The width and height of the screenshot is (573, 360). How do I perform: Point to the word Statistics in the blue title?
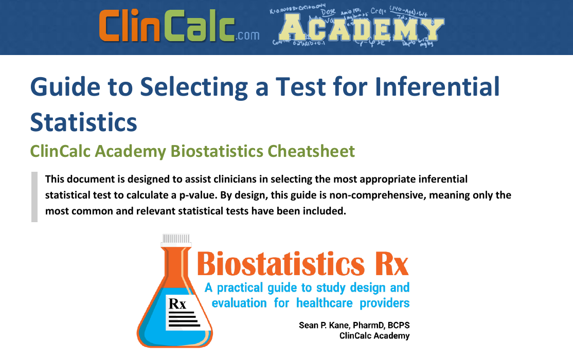(x=83, y=121)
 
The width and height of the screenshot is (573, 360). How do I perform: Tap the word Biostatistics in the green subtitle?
(x=219, y=151)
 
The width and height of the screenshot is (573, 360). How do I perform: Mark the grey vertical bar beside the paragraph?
(x=34, y=196)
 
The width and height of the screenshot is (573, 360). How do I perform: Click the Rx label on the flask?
(x=177, y=304)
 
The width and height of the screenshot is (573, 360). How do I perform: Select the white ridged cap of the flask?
(x=175, y=239)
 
